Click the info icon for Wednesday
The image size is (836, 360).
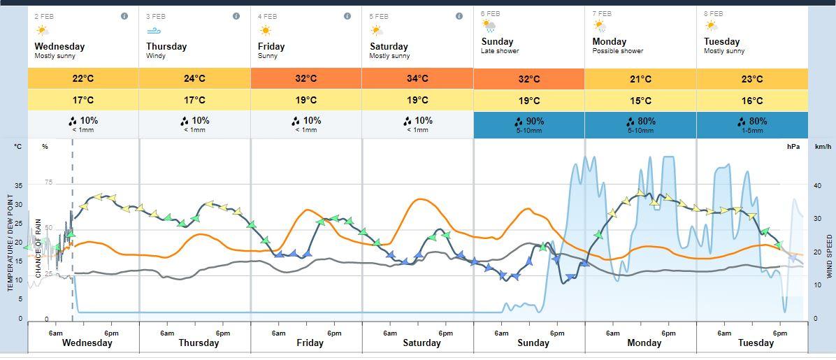click(124, 16)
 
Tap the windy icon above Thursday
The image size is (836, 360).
click(153, 31)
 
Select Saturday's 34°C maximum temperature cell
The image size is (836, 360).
click(417, 79)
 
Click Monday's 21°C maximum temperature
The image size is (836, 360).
click(640, 79)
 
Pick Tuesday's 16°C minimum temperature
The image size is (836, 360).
click(752, 101)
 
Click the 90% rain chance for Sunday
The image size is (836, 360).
click(529, 121)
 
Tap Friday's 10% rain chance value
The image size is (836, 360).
click(306, 121)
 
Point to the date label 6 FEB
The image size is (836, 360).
click(490, 13)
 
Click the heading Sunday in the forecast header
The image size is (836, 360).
click(497, 42)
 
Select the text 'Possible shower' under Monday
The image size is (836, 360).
click(618, 51)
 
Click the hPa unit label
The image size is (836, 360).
click(793, 147)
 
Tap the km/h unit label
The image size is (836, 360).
click(823, 147)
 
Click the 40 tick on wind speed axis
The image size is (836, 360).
click(818, 185)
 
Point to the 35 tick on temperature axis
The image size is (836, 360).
click(18, 186)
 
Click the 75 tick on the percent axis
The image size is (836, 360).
click(48, 182)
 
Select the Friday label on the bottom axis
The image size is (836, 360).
click(310, 343)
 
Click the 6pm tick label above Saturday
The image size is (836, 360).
click(445, 333)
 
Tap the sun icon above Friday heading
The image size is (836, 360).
click(265, 31)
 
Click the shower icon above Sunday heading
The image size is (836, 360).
click(489, 27)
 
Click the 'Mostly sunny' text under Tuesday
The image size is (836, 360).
click(723, 51)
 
